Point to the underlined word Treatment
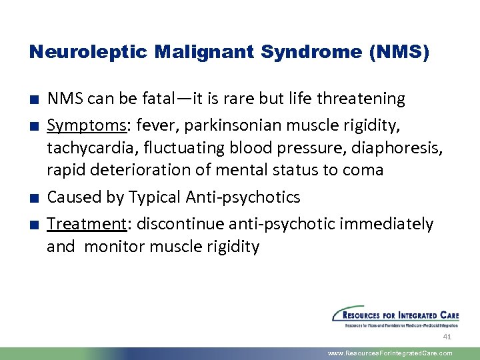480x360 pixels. tap(85, 223)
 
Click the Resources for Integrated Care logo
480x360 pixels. tap(395, 317)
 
